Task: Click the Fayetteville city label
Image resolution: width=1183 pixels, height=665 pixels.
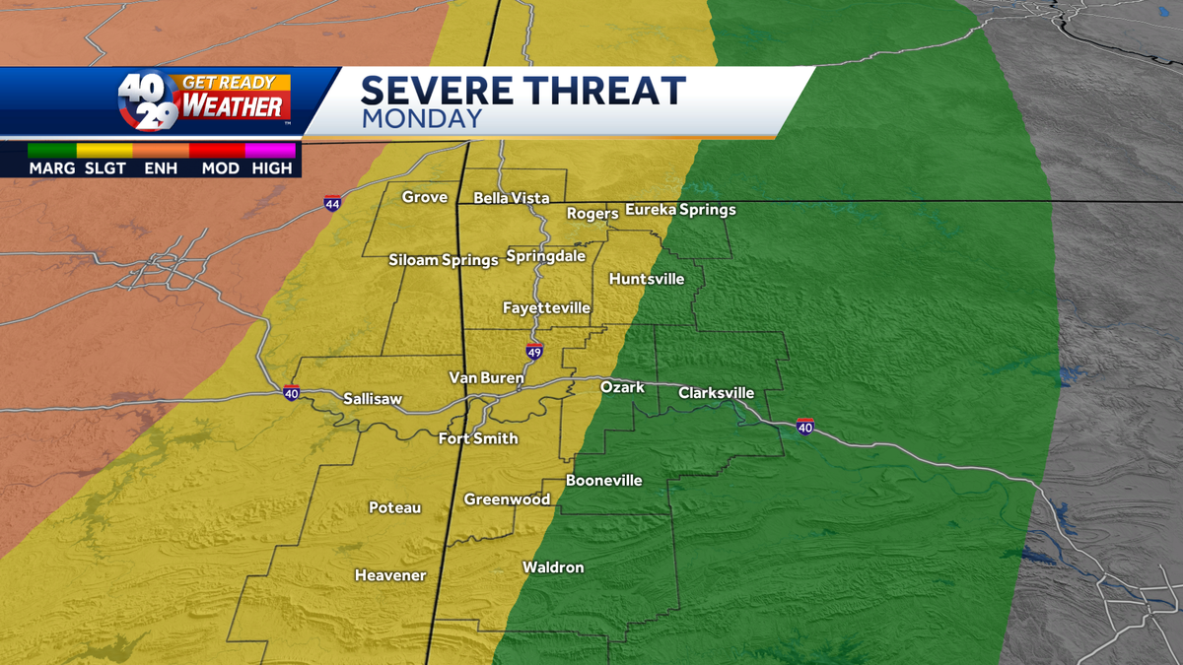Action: tap(546, 308)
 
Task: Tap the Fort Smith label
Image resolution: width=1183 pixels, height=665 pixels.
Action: tap(478, 438)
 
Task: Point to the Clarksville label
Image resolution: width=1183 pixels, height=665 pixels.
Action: tap(716, 393)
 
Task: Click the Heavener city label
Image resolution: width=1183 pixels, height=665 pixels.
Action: tap(390, 575)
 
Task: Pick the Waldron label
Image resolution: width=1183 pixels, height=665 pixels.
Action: tap(553, 567)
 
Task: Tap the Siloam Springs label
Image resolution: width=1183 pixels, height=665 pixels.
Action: tap(443, 260)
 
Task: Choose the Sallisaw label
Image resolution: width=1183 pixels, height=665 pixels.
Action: tap(373, 399)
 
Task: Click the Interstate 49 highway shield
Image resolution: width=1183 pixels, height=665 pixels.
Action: tap(533, 352)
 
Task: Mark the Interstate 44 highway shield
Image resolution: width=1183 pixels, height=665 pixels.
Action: tap(332, 204)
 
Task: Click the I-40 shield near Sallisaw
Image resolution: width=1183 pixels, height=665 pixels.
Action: tap(291, 392)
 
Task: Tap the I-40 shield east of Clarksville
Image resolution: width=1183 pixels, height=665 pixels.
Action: tap(805, 427)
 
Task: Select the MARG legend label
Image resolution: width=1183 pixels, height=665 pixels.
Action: tap(52, 168)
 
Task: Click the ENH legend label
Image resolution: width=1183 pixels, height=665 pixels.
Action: tap(160, 168)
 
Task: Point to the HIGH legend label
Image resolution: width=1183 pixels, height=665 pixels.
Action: tap(272, 168)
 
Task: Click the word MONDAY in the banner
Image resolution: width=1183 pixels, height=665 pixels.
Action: tap(421, 120)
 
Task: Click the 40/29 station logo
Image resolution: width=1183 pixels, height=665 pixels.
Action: tap(149, 101)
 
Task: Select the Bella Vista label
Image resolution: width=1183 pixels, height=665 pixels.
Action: tap(512, 198)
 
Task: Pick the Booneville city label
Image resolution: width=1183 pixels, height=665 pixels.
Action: tap(603, 481)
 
